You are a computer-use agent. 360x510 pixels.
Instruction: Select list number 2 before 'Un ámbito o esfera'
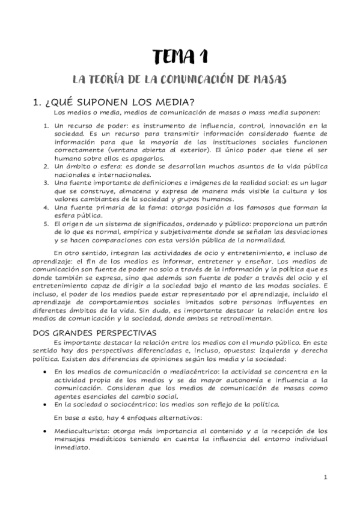click(47, 164)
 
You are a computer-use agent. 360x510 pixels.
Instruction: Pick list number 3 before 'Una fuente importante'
click(47, 182)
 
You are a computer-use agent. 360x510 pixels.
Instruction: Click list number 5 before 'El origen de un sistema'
click(47, 224)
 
